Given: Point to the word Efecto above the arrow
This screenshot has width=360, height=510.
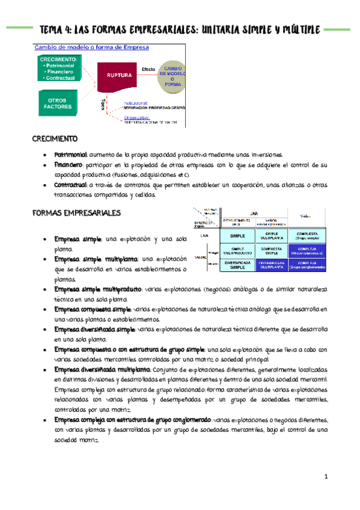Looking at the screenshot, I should [148, 69].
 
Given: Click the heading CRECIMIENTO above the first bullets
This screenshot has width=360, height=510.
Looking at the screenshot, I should [55, 139].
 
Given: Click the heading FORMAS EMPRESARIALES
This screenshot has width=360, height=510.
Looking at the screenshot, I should [76, 213].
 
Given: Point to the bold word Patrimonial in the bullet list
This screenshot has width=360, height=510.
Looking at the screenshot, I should [70, 154].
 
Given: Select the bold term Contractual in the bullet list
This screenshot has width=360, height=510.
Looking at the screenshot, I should [71, 185].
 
